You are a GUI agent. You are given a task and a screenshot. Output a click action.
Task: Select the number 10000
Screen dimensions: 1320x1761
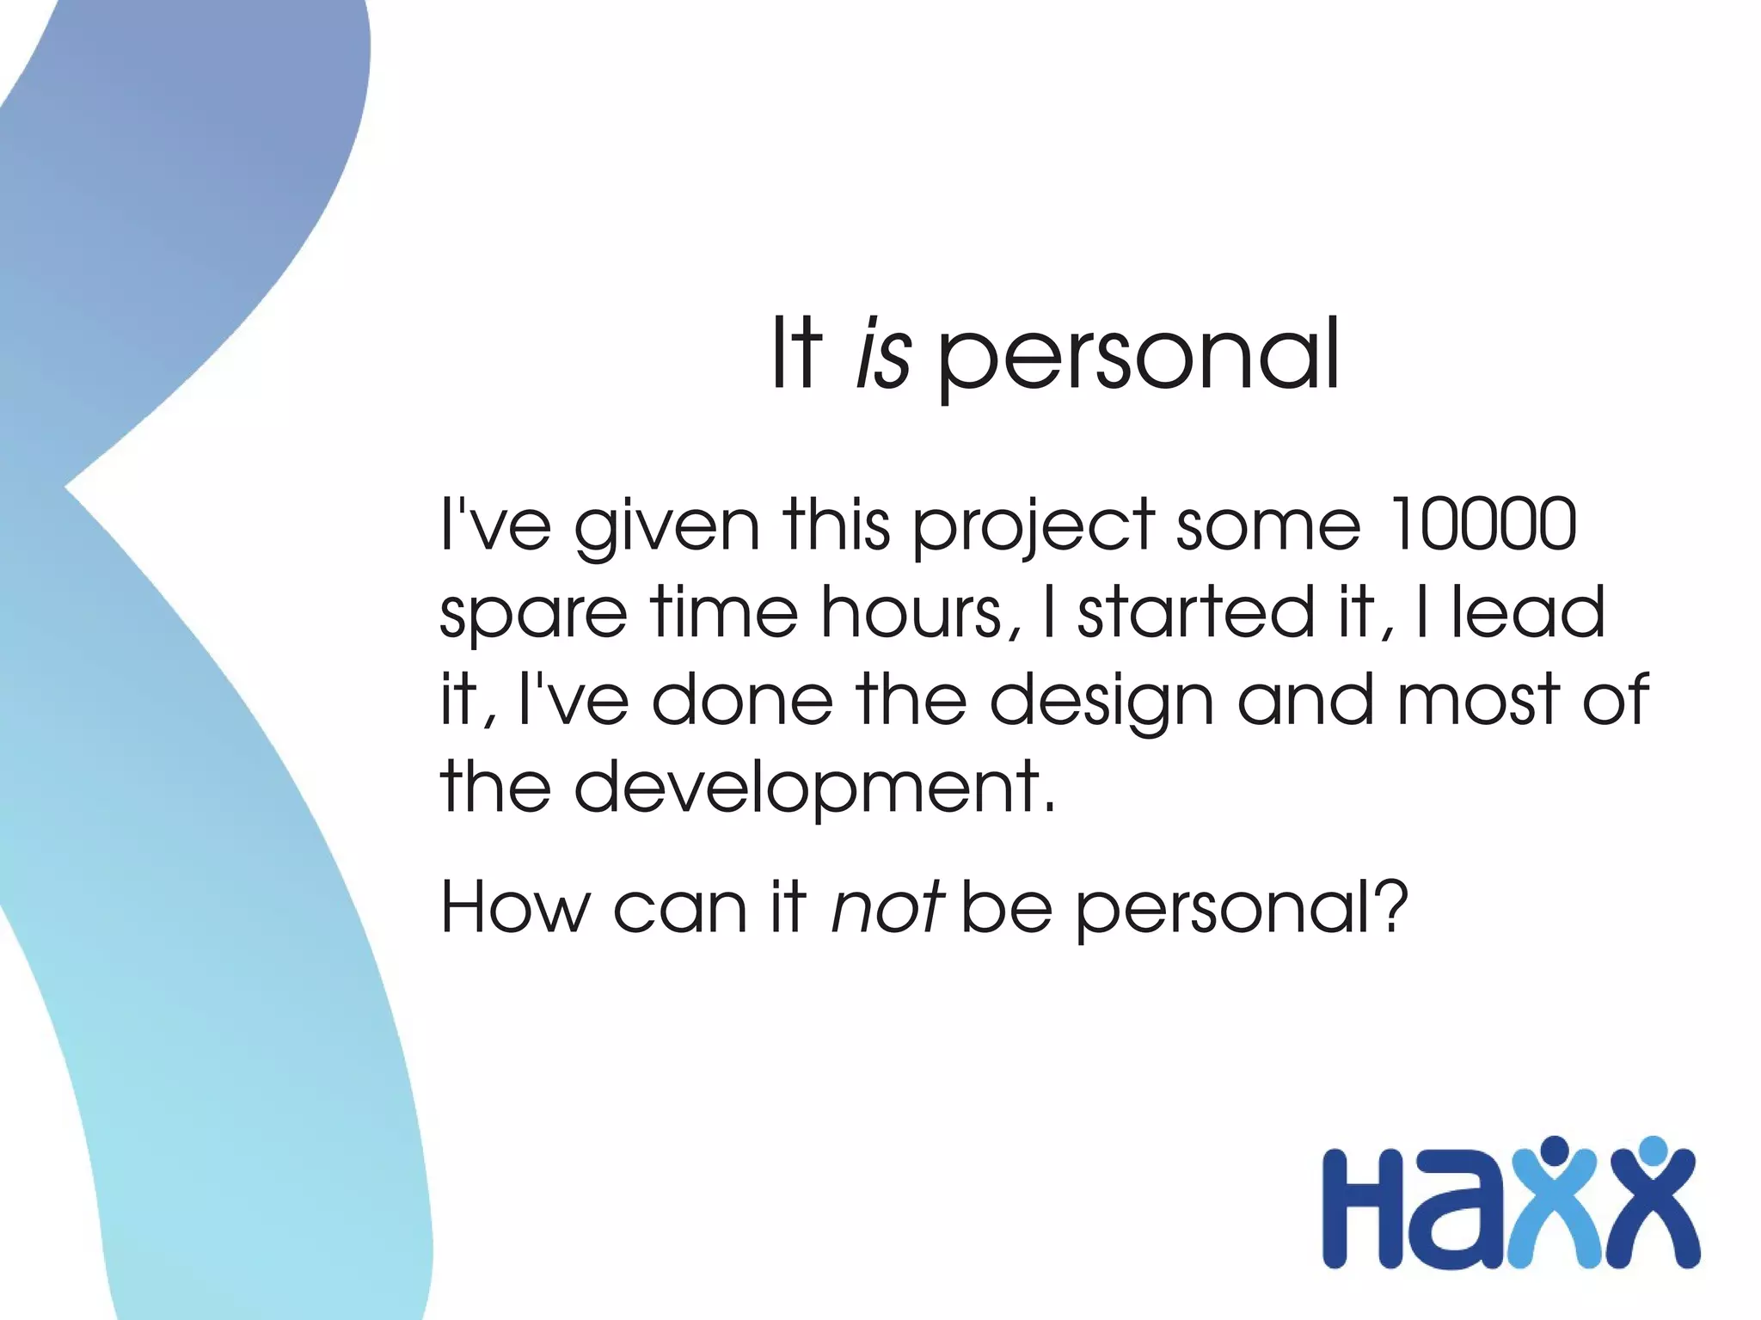1483,524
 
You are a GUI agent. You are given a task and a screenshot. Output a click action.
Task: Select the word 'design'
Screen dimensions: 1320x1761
1101,701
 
